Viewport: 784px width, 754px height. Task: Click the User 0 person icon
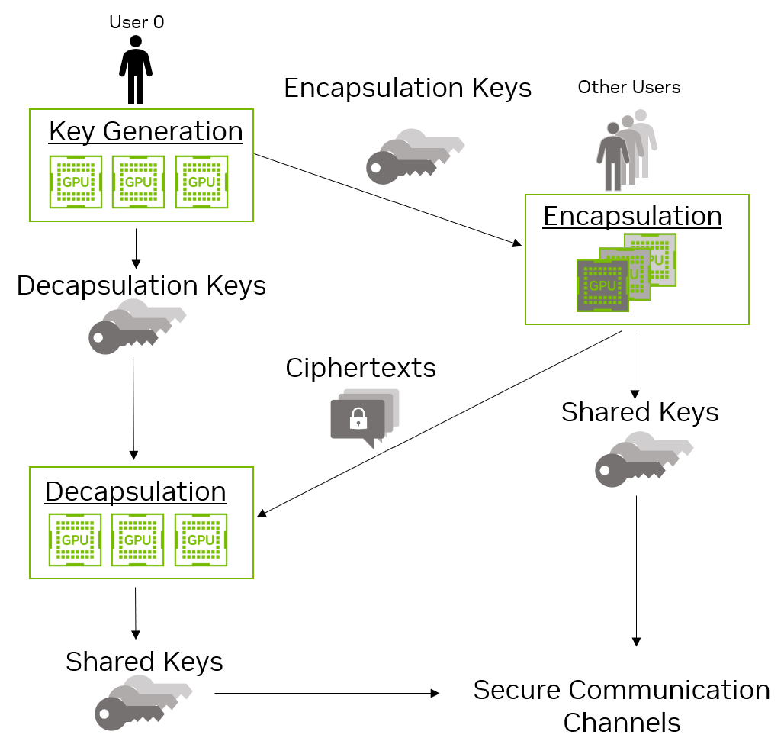coord(136,69)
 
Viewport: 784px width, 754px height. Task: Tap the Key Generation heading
coord(146,131)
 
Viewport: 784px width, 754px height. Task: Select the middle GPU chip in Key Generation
coord(138,182)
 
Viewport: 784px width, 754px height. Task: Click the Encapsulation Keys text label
coord(407,88)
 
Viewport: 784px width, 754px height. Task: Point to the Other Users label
coord(628,87)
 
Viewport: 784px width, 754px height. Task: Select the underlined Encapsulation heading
coord(632,216)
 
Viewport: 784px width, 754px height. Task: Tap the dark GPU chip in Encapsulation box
coord(602,285)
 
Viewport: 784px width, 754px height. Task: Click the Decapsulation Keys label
coord(141,285)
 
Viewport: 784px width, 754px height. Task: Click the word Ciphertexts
coord(361,368)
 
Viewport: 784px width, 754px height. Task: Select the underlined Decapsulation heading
coord(136,491)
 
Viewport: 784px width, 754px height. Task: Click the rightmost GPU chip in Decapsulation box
coord(201,540)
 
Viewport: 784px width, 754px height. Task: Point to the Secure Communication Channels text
coord(621,705)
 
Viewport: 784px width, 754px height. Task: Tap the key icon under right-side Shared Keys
coord(641,460)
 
